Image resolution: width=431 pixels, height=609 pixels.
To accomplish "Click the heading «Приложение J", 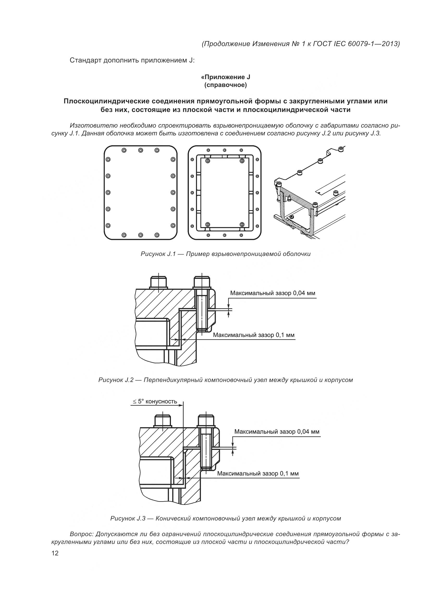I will point(226,77).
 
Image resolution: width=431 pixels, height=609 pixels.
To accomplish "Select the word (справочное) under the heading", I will point(226,85).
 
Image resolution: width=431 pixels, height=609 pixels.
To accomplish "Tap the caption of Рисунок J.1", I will point(226,254).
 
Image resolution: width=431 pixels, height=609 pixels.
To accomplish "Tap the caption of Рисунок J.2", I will point(226,380).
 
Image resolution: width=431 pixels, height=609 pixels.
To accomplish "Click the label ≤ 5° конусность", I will point(155,401).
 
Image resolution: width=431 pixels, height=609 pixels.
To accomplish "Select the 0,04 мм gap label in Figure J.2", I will point(273,293).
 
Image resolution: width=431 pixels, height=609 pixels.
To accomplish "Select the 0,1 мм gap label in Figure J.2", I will point(254,335).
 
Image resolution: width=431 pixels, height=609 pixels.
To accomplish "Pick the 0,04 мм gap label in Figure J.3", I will point(277,431).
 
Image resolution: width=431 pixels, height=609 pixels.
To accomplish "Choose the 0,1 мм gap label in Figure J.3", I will point(258,473).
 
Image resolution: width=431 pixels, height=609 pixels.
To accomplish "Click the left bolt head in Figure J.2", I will point(158,282).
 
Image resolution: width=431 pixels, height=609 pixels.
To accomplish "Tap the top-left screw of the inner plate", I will point(208,161).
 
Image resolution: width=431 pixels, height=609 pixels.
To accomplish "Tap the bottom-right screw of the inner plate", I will point(242,225).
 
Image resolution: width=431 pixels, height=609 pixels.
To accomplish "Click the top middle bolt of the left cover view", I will point(141,150).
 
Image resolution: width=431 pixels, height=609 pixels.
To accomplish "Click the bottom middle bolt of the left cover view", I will point(141,235).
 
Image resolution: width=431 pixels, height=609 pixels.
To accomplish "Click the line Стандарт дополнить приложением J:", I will point(132,60).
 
